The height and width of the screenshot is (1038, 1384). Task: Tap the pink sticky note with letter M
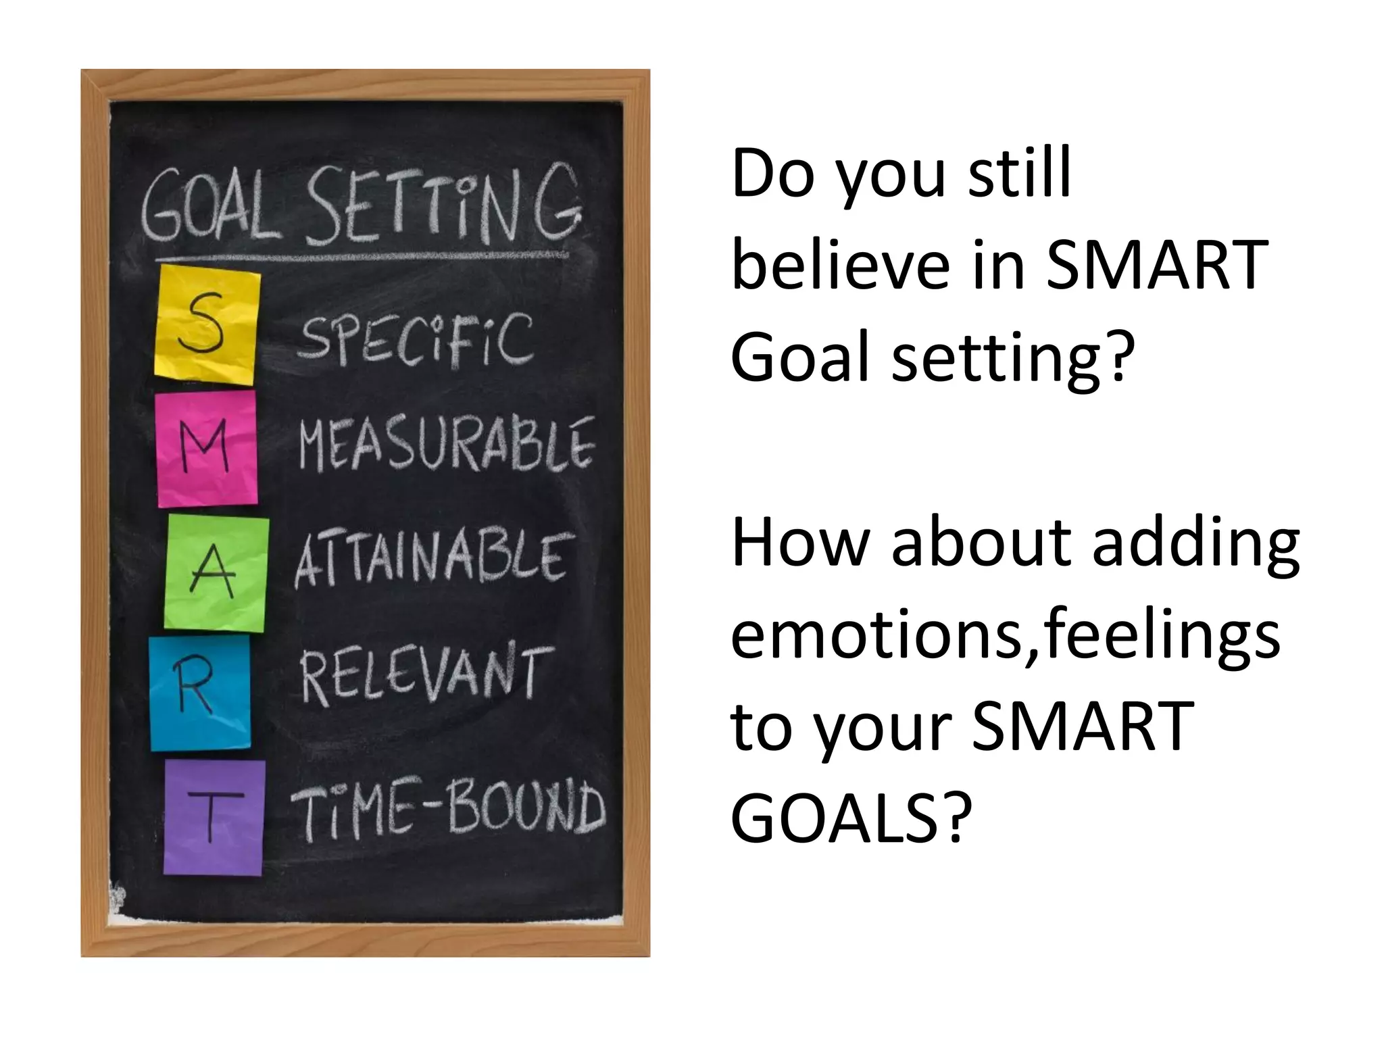207,449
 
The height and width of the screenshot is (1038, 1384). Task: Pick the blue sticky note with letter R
200,693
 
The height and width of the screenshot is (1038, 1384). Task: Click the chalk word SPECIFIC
416,341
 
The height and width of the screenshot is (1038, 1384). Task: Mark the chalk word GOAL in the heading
210,207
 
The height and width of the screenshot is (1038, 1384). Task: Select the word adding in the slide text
1195,545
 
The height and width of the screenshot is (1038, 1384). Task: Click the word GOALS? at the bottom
851,818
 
